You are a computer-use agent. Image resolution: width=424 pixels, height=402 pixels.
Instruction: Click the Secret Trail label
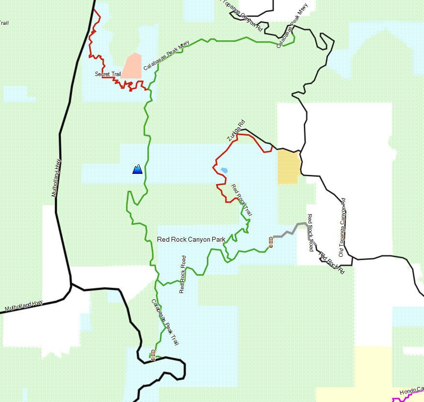pos(108,74)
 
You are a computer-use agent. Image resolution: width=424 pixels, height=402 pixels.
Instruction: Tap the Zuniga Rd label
pos(236,130)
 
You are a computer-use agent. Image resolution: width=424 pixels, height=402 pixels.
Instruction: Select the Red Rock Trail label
pos(241,200)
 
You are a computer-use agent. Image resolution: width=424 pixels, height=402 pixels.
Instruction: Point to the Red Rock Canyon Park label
pos(191,239)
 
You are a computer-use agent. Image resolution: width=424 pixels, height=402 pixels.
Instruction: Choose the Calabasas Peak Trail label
pos(165,322)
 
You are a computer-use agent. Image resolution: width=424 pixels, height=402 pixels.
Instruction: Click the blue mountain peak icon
pos(137,169)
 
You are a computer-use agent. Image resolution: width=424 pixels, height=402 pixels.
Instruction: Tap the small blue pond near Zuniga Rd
pos(224,170)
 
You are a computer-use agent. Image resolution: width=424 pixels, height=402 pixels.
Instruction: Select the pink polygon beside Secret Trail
pos(132,66)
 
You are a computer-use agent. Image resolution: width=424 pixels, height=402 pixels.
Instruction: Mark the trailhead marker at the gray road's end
pos(270,242)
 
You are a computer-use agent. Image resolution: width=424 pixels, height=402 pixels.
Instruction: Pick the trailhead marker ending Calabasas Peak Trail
pos(153,355)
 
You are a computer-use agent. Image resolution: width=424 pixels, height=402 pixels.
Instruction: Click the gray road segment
pos(288,231)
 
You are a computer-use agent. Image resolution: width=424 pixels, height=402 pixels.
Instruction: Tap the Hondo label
pos(411,391)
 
